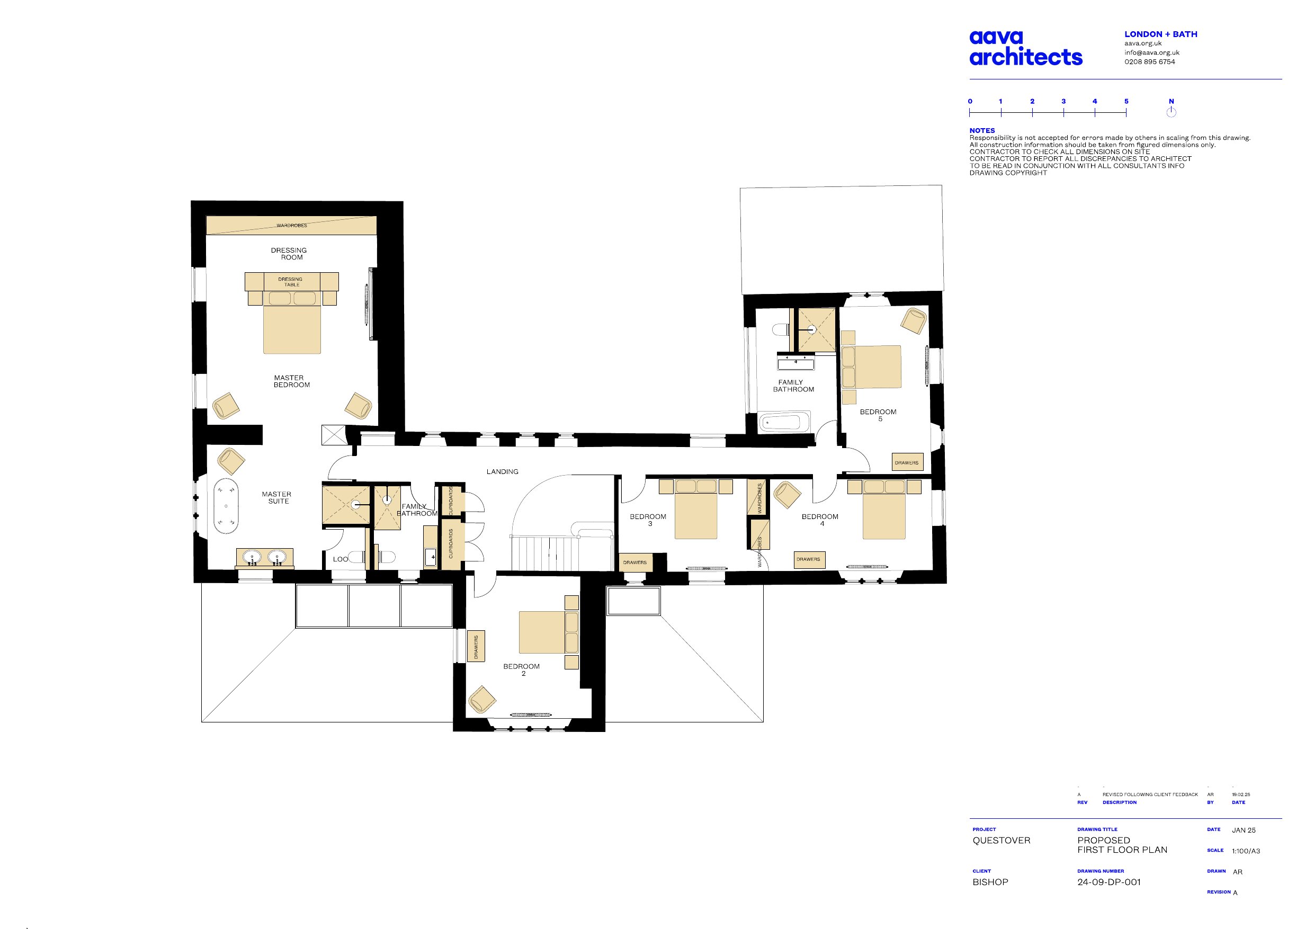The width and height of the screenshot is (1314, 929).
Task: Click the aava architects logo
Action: (1025, 48)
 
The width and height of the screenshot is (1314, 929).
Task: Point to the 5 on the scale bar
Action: (1127, 101)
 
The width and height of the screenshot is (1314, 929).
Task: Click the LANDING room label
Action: (503, 472)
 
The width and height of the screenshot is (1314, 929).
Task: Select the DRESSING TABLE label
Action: (291, 282)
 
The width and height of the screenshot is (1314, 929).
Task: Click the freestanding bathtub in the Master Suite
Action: (227, 506)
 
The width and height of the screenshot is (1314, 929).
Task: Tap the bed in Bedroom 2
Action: (549, 632)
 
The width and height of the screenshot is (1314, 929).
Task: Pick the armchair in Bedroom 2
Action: (482, 700)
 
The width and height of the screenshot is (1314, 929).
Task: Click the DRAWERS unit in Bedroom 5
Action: (907, 462)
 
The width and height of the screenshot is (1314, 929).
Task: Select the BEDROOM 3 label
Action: (648, 520)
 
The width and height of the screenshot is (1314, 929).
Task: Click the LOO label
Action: (341, 559)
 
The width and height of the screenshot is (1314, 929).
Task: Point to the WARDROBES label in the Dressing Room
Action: (292, 226)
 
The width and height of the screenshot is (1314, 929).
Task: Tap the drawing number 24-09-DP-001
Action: (1109, 882)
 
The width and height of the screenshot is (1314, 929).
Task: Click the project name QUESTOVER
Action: (1002, 840)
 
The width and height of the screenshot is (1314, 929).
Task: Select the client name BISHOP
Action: (990, 882)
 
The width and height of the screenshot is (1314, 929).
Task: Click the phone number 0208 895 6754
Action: (1150, 62)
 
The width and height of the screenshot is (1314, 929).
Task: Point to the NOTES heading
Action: (982, 130)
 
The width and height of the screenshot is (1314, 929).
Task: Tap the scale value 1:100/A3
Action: (1246, 851)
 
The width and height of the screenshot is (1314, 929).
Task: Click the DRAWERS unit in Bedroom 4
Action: (809, 559)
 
